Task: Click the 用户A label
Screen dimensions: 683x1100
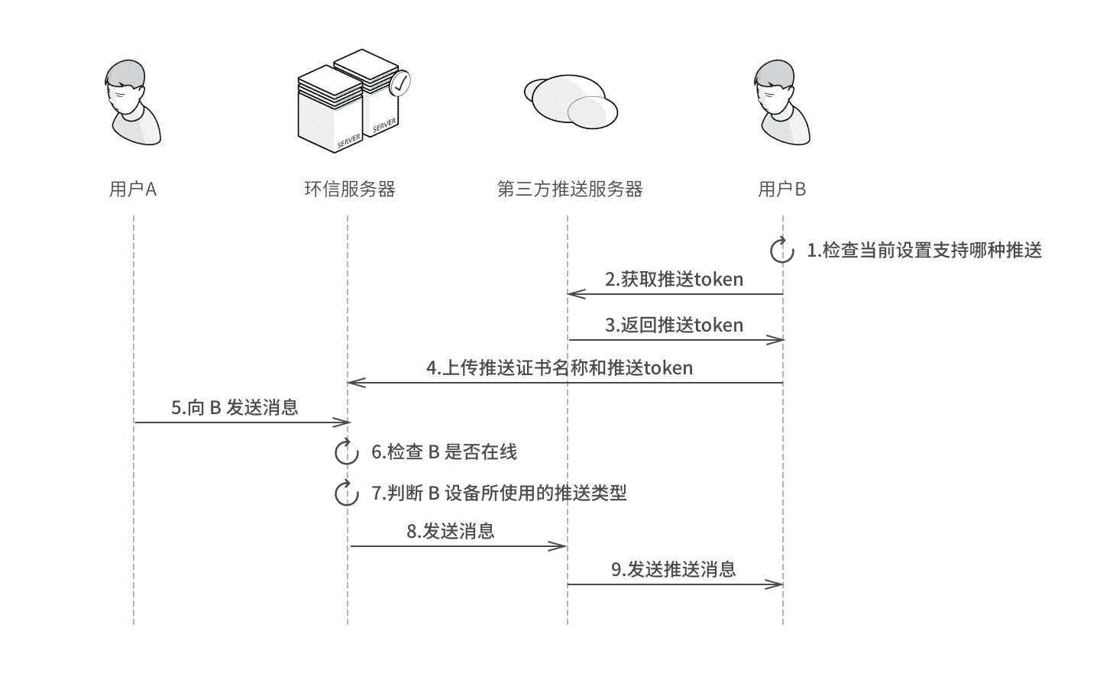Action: tap(133, 189)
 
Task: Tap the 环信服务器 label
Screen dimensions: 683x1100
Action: tap(349, 189)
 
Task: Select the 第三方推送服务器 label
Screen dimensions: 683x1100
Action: tap(570, 189)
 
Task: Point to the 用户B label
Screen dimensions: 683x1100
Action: tap(782, 189)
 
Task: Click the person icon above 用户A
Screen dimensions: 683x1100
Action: tap(132, 103)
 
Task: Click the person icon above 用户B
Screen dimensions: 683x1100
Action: tap(781, 103)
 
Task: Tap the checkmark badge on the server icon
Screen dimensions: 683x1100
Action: tap(400, 83)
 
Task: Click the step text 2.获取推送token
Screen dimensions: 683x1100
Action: tap(675, 280)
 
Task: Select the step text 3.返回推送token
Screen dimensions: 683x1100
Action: tap(675, 325)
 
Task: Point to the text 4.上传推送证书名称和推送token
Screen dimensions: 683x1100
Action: tap(560, 368)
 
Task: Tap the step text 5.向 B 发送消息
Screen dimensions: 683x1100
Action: tap(235, 408)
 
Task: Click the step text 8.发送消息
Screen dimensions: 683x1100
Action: tap(451, 532)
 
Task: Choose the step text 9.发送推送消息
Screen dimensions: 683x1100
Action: tap(673, 570)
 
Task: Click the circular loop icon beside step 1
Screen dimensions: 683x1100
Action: tap(782, 251)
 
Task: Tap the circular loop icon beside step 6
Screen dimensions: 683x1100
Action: tap(347, 452)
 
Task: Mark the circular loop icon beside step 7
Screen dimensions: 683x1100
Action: tap(347, 494)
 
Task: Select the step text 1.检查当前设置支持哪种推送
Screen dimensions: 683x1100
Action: tap(924, 251)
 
